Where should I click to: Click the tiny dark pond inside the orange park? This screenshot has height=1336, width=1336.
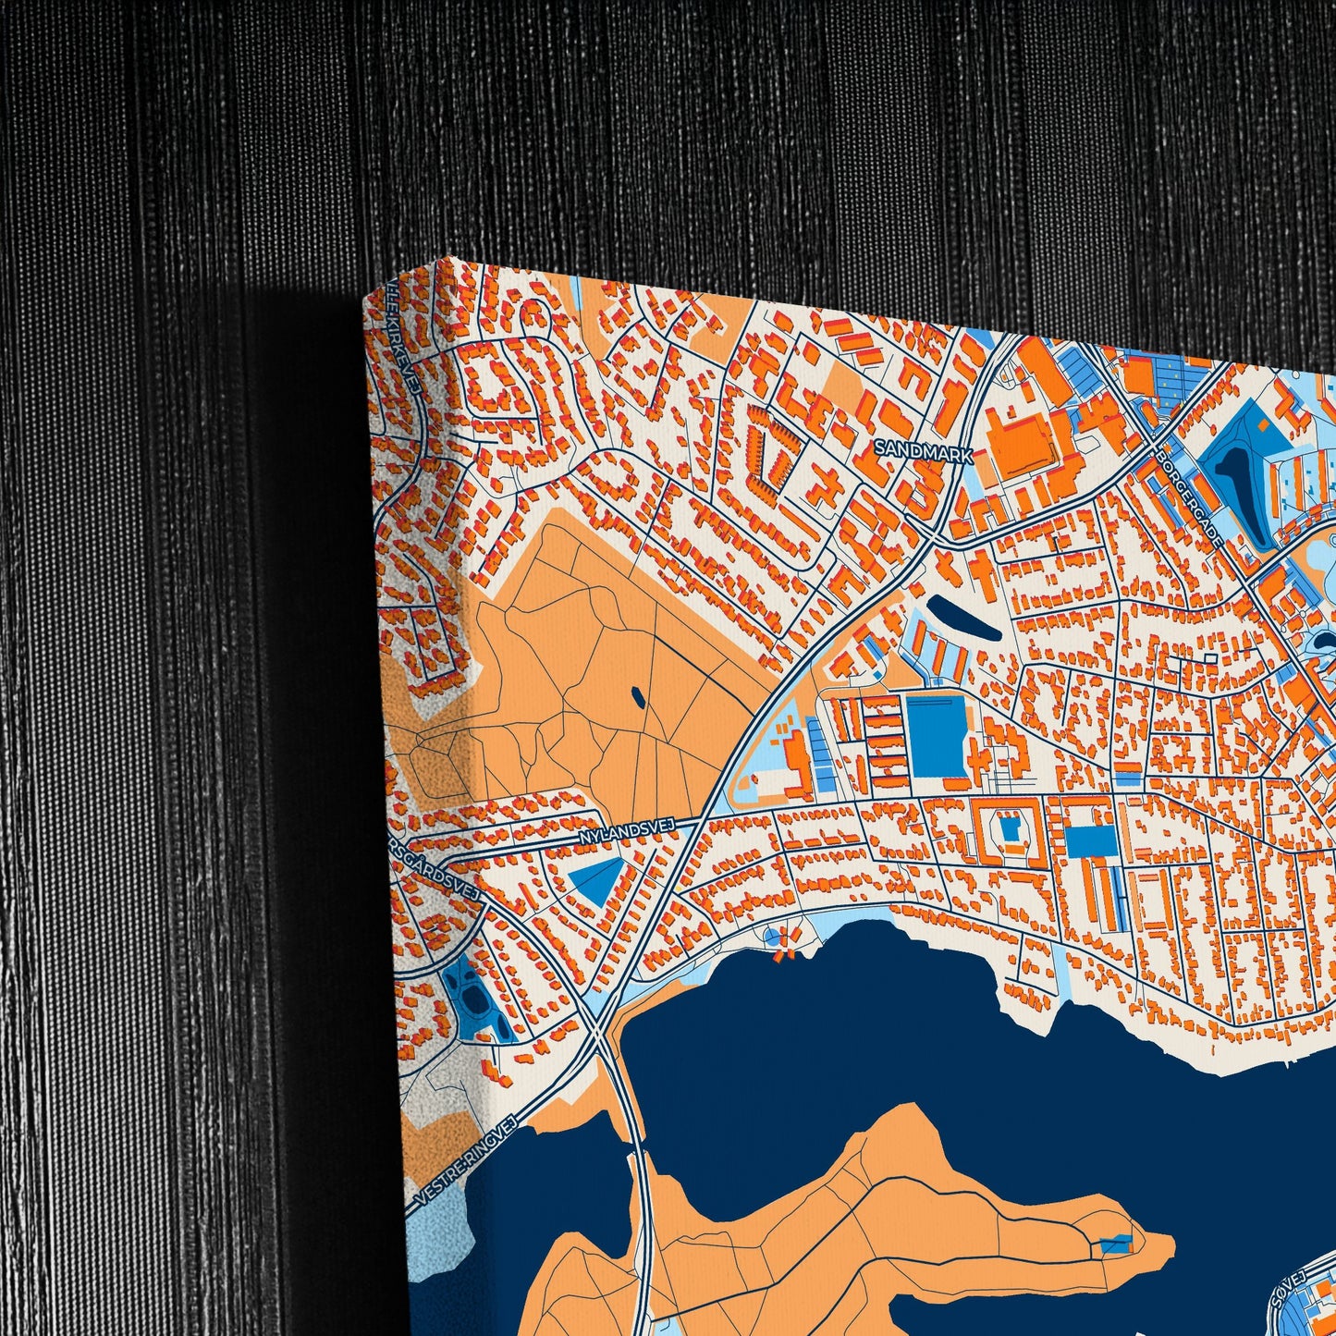637,693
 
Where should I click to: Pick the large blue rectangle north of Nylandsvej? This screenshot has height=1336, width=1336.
937,736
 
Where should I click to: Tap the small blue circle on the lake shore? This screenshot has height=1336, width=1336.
773,937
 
